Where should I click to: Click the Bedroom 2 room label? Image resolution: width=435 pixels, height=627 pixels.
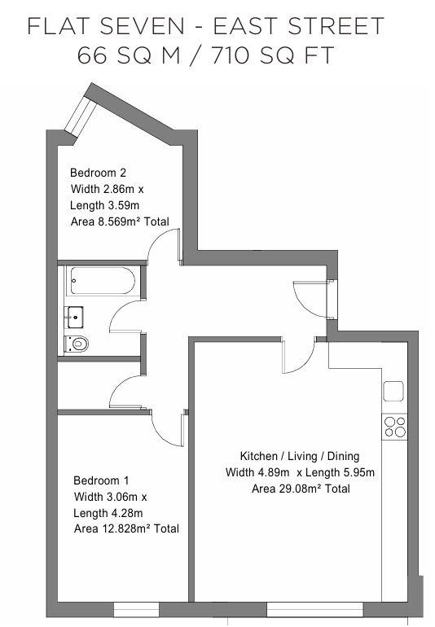[98, 173]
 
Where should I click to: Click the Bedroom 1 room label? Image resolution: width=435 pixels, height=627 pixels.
[101, 480]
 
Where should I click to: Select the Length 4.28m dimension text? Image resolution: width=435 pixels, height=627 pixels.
[108, 513]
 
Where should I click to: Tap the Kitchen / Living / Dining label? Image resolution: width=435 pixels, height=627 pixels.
[299, 456]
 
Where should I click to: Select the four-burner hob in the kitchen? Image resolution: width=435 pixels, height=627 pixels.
[395, 427]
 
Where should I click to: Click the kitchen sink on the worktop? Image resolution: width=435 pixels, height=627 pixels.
[395, 391]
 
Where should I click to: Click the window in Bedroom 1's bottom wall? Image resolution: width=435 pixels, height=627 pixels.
[136, 609]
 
